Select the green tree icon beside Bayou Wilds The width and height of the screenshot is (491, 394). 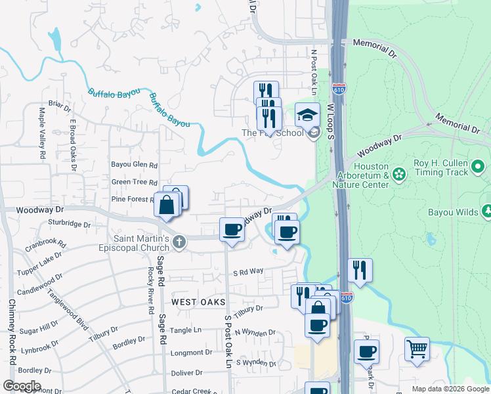486,211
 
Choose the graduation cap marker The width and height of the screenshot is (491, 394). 307,115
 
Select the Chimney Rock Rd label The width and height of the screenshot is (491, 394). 11,332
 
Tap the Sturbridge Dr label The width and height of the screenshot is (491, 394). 69,224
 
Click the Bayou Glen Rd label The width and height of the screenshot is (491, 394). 135,165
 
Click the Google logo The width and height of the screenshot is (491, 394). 22,386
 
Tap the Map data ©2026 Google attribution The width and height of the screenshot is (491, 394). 450,389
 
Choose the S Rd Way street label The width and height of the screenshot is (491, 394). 249,271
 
